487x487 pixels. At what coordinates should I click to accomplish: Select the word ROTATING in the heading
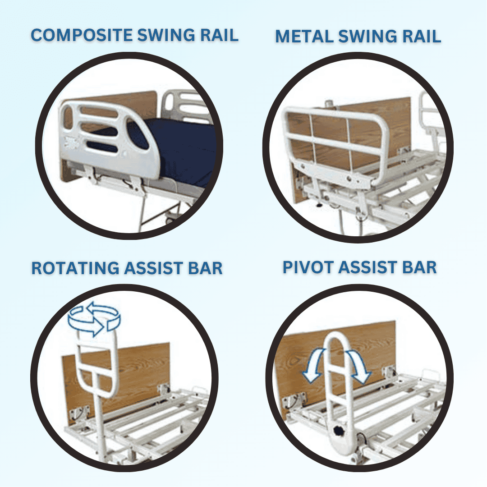click(x=74, y=268)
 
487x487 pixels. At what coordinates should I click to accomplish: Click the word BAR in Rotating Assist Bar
click(x=205, y=268)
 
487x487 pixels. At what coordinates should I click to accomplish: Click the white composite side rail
click(x=108, y=135)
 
